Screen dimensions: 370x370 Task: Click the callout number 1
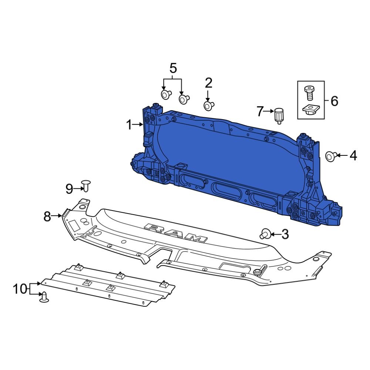(128, 125)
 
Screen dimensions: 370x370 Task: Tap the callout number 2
(209, 83)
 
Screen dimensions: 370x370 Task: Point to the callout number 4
(353, 156)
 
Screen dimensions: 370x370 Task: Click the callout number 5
(173, 68)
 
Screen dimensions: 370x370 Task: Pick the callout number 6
(334, 101)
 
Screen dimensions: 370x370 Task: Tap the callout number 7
(260, 111)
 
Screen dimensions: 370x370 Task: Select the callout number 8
(47, 216)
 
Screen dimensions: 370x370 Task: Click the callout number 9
(70, 189)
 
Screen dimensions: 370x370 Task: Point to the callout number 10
(21, 289)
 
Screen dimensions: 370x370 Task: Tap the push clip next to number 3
(265, 234)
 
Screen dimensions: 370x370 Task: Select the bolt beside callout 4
(330, 156)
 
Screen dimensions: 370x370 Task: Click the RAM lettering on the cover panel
(175, 233)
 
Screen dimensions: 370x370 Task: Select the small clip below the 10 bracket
(44, 297)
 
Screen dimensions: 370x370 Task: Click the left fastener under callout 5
(165, 94)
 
